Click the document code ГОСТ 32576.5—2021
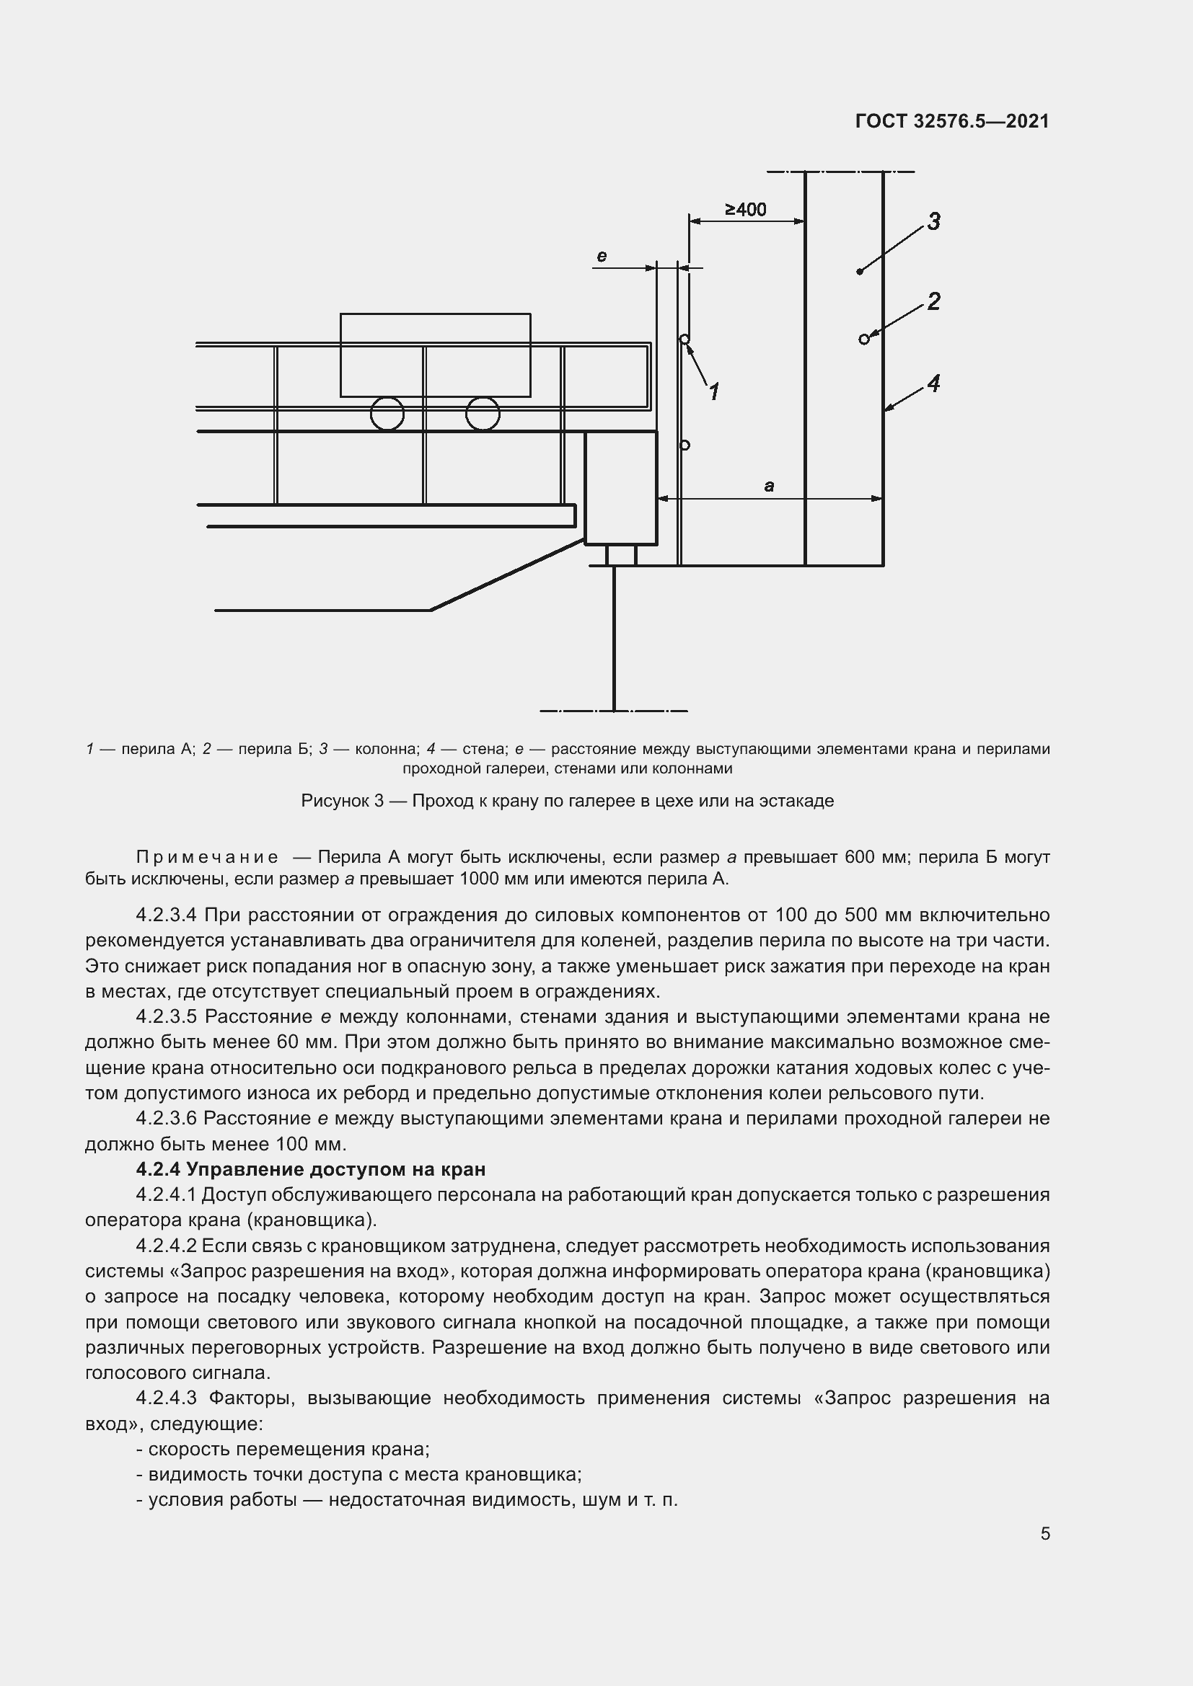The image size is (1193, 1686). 951,121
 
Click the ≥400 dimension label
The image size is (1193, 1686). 746,210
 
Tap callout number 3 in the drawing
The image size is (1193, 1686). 933,221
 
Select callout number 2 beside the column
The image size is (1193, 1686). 933,301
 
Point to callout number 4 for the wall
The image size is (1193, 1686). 933,383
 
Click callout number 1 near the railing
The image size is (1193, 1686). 713,392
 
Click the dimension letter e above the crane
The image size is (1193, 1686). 602,257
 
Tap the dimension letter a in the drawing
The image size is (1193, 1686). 769,485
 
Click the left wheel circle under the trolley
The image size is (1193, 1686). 387,414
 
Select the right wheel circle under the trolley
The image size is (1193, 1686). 483,414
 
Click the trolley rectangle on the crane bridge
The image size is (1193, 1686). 435,355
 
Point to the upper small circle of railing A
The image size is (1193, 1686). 684,340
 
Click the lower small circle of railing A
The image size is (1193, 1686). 684,445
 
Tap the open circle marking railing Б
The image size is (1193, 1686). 864,339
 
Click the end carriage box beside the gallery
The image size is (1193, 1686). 620,487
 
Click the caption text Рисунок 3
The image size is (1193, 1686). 343,800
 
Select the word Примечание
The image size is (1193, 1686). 207,857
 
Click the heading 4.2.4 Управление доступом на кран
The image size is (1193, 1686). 311,1168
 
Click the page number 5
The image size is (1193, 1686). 1044,1534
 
